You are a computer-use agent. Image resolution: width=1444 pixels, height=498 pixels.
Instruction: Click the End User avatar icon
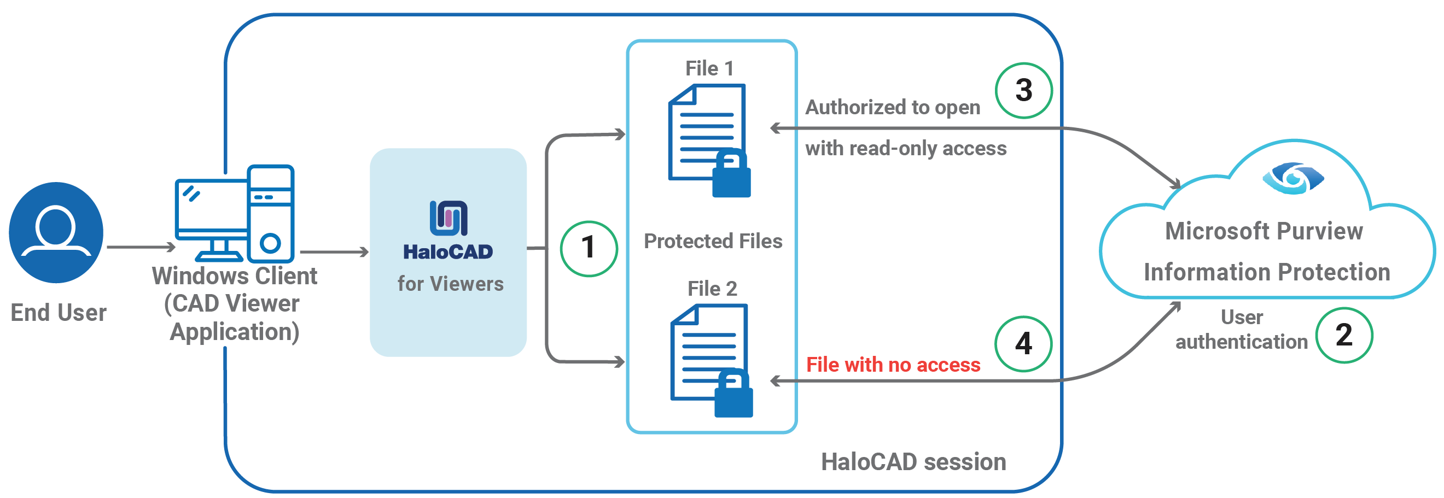56,232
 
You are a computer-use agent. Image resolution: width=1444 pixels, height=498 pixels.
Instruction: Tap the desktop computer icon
235,213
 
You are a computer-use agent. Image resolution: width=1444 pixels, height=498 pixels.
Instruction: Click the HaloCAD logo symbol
449,218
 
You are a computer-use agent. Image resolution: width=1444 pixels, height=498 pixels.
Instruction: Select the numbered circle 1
589,248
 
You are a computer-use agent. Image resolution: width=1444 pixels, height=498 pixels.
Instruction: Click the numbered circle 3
1023,90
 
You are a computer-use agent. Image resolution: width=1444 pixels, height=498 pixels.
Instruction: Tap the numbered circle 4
1023,343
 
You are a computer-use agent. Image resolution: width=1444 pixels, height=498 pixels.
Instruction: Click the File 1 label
709,68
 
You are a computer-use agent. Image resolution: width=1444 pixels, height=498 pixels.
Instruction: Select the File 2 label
712,289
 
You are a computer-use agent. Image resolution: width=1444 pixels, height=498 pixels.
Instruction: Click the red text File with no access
893,365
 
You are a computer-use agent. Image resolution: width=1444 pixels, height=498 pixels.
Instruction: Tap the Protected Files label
713,241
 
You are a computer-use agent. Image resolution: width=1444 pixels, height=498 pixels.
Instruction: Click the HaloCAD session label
913,462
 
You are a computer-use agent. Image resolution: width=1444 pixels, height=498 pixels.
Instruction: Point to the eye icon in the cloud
1292,179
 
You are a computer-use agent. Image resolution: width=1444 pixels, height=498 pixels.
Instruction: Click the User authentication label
1241,330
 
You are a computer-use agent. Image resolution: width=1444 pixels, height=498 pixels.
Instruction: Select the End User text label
59,313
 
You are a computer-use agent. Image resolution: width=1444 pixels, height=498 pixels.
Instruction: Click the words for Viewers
450,284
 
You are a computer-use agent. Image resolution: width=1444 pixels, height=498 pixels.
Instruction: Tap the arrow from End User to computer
141,247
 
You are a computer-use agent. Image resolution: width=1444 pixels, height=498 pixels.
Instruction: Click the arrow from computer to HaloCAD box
334,252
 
